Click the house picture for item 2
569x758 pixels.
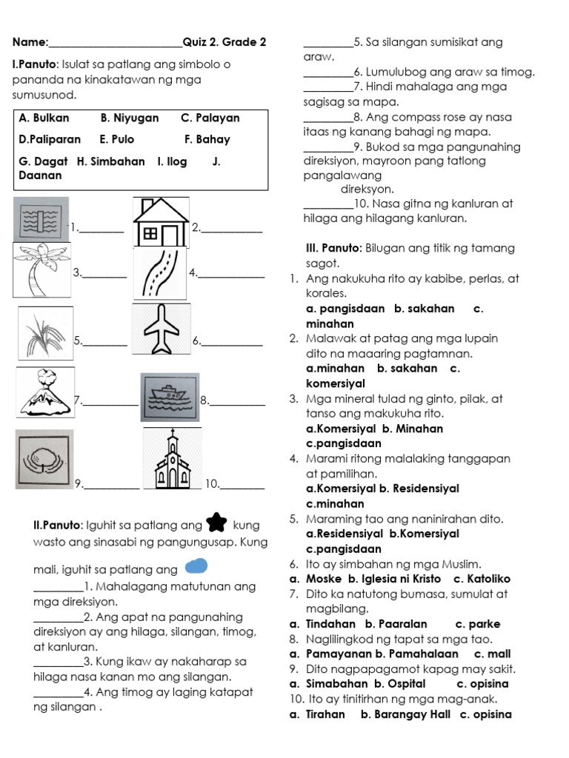point(161,221)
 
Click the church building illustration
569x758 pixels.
point(172,460)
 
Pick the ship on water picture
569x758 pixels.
point(170,398)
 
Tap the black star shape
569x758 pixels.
point(216,523)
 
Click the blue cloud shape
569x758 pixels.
point(195,567)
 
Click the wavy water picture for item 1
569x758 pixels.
point(41,220)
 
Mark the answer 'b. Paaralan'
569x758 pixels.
point(396,624)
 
